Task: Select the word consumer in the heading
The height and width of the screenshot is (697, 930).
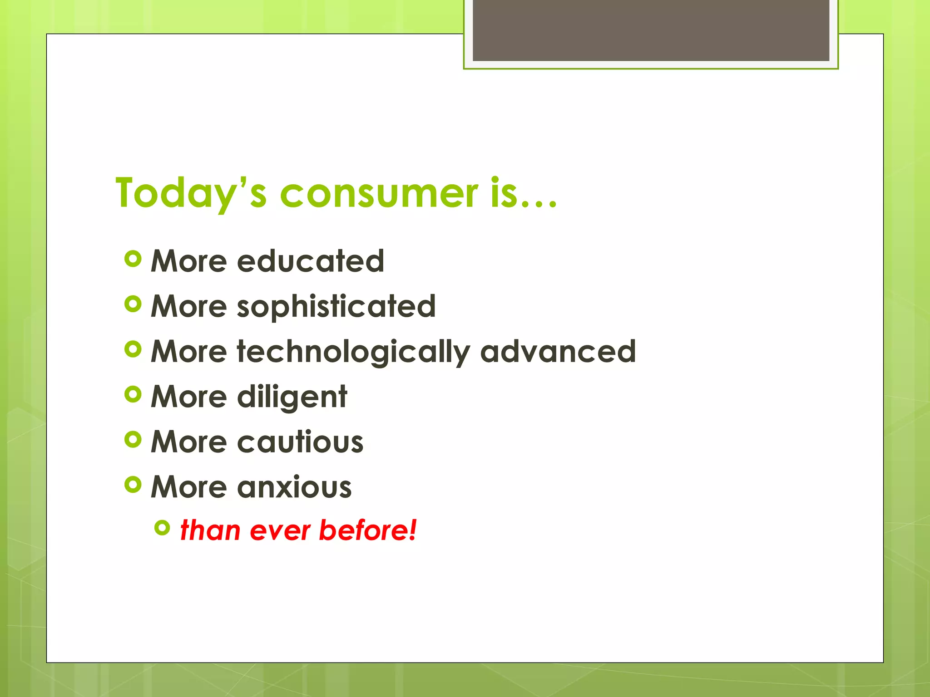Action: (379, 193)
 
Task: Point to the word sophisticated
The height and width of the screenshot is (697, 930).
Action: (336, 306)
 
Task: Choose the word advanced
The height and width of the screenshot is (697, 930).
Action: (558, 352)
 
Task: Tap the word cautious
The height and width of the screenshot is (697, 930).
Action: (300, 442)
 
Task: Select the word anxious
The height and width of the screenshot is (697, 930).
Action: (294, 487)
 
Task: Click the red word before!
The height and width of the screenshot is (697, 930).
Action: (367, 530)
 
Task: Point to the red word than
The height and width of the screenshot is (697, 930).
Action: (210, 530)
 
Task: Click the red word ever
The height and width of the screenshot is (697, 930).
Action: (279, 530)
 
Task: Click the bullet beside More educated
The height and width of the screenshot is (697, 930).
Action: (133, 259)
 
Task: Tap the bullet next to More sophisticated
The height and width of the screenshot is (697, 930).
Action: (133, 304)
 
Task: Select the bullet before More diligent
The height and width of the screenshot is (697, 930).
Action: (133, 394)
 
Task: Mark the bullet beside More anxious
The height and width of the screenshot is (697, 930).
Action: (133, 485)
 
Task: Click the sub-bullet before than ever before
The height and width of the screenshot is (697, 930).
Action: (162, 527)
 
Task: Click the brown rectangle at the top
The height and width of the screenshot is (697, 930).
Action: (651, 30)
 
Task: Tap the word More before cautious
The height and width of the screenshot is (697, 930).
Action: (188, 442)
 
